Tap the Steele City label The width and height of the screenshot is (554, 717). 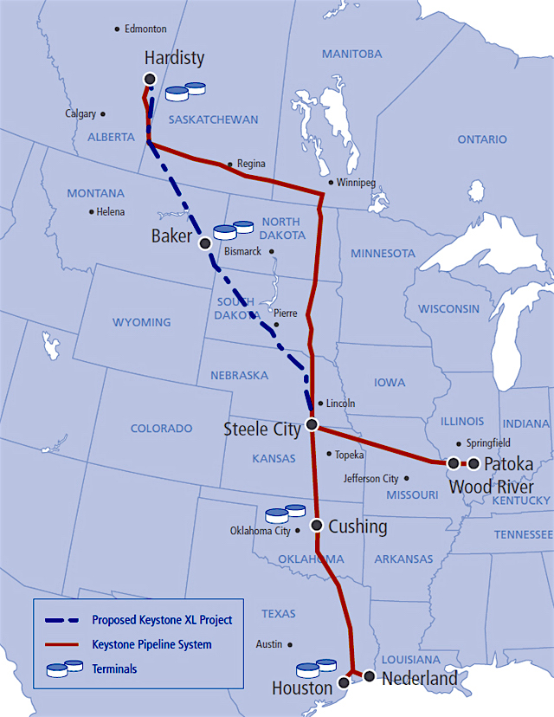261,429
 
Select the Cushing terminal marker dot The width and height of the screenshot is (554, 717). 317,525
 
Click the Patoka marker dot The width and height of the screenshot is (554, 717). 473,463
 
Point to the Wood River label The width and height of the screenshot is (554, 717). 491,486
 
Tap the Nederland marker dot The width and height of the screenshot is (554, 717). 369,675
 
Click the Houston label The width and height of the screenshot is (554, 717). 301,688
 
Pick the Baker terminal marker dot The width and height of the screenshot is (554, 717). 205,244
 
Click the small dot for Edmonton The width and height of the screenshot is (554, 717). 118,29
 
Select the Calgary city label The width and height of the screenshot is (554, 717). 80,113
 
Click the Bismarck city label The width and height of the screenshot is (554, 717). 242,252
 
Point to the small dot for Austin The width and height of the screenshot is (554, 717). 289,644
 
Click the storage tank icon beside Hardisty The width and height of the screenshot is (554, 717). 185,89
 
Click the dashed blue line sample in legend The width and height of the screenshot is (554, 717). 65,620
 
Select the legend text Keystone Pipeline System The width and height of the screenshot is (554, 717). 151,644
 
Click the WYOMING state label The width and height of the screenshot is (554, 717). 142,322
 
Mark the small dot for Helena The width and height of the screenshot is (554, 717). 91,212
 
